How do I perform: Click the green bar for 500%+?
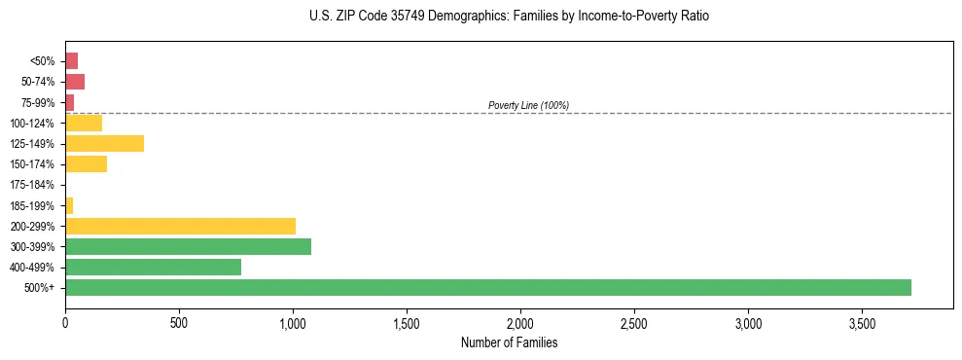click(487, 287)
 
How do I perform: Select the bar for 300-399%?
click(188, 246)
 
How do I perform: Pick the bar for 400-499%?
click(153, 267)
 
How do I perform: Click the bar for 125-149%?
click(104, 143)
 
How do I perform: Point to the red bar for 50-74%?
click(75, 81)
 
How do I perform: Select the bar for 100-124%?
click(84, 123)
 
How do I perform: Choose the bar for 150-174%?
click(86, 163)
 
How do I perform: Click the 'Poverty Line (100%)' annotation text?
click(528, 105)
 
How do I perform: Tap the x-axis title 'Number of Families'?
click(509, 342)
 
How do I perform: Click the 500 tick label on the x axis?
click(179, 322)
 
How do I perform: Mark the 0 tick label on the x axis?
click(65, 322)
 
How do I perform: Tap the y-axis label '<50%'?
click(42, 61)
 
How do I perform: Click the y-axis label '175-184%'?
click(32, 185)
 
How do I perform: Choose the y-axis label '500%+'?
click(39, 288)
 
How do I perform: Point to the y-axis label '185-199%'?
click(32, 205)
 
